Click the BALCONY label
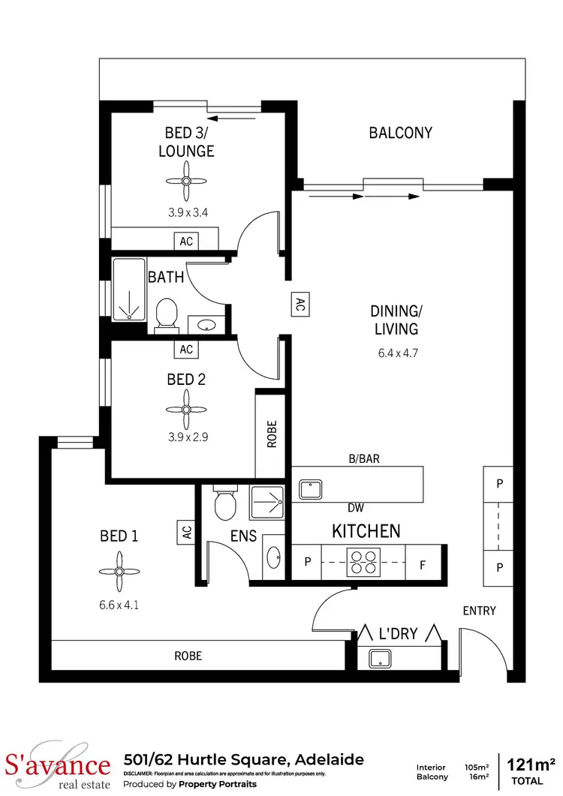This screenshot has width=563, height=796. pos(401,133)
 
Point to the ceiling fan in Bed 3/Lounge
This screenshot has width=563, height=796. pos(185,181)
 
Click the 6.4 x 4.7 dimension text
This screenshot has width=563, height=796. pos(395,350)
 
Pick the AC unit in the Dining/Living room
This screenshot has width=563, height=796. pos(300,304)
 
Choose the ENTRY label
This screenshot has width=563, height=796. pos(479,611)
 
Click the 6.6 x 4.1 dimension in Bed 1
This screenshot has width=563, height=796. pos(119,602)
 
